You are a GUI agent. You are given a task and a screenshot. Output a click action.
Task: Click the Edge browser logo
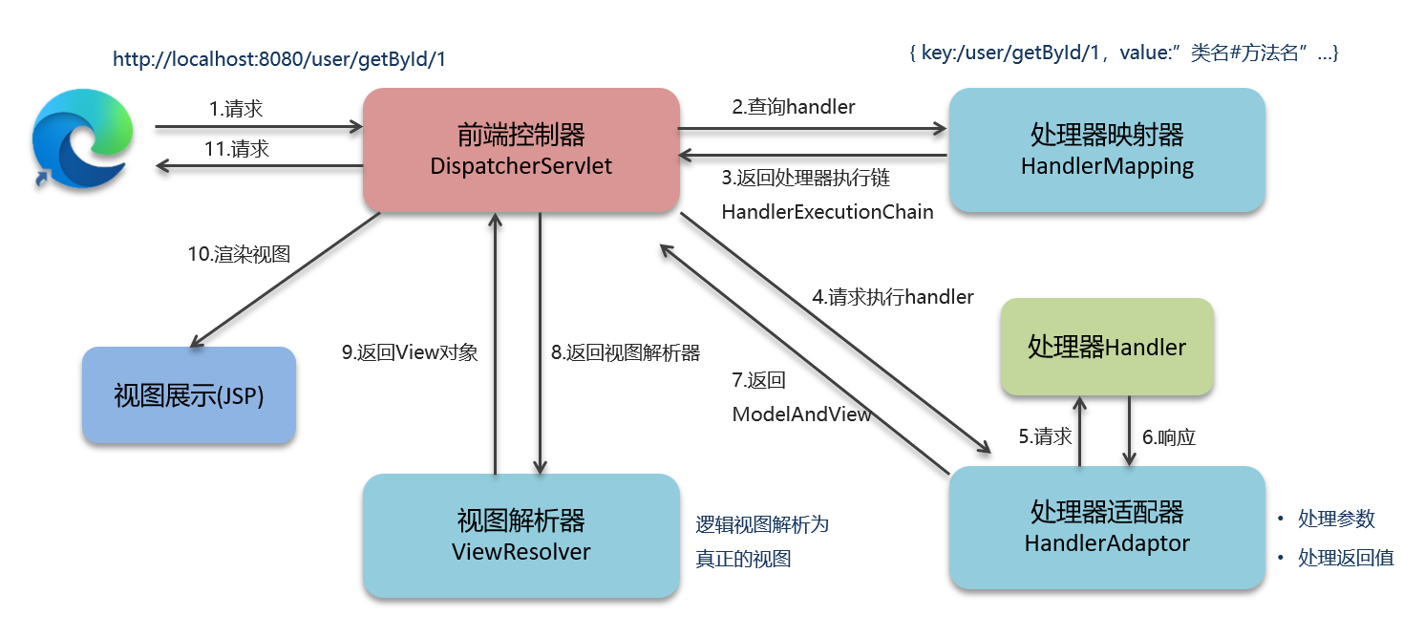(x=79, y=143)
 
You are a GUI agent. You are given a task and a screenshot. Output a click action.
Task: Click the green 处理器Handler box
(x=1106, y=347)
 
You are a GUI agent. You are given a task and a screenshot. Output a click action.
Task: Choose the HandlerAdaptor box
(x=1106, y=527)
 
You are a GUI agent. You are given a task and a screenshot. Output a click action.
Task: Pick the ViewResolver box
(x=521, y=536)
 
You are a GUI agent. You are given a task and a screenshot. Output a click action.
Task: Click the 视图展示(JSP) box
(x=188, y=395)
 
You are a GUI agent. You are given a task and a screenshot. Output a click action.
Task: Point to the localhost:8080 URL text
(x=279, y=59)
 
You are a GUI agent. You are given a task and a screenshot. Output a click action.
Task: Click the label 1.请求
(x=236, y=109)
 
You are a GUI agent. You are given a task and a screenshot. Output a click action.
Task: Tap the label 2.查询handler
(x=794, y=107)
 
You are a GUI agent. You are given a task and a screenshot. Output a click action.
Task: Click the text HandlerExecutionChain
(x=827, y=212)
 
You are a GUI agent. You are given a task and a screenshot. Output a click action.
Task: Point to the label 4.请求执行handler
(x=892, y=297)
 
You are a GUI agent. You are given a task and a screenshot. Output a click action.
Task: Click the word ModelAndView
(x=801, y=414)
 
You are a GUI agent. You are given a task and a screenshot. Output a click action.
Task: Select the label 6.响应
(x=1169, y=437)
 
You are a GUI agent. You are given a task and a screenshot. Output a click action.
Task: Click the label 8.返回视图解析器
(x=626, y=352)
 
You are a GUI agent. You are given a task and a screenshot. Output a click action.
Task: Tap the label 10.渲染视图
(x=238, y=254)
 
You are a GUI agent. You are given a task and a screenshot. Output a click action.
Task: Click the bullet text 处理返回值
(x=1345, y=558)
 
